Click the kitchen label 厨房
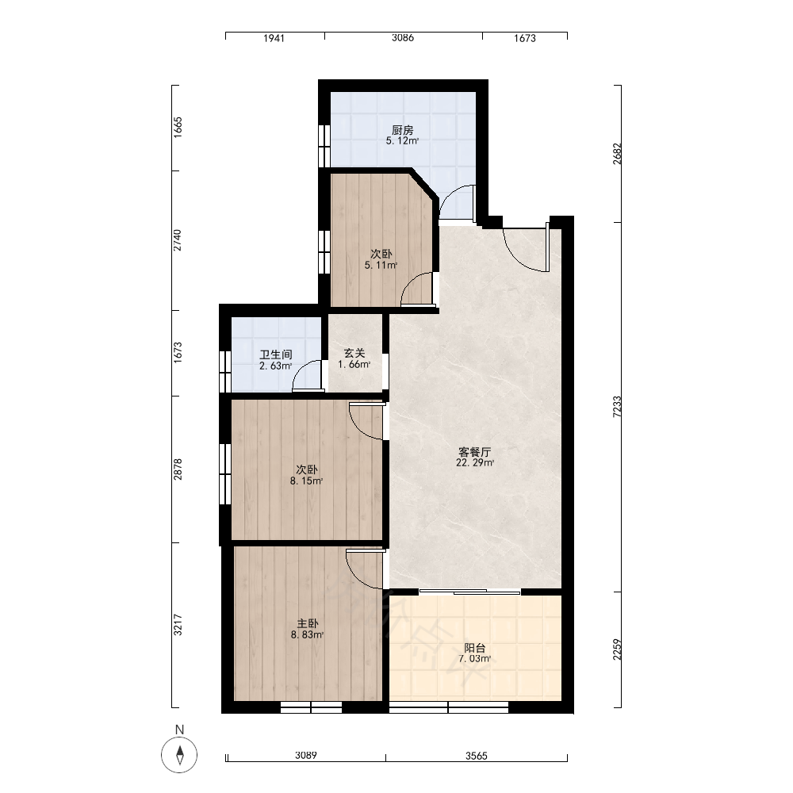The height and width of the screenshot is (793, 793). click(x=403, y=130)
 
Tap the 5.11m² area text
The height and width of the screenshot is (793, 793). click(x=381, y=265)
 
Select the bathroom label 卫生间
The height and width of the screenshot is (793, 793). click(x=276, y=354)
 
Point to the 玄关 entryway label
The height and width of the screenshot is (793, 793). click(x=354, y=353)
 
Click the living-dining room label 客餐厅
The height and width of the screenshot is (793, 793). click(x=474, y=451)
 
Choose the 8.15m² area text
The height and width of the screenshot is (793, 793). click(x=306, y=481)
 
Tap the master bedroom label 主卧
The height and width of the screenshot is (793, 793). click(x=308, y=623)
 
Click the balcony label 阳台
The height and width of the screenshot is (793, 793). click(x=475, y=647)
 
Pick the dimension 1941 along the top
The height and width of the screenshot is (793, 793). click(x=274, y=38)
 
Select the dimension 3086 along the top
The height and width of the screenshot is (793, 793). click(x=403, y=37)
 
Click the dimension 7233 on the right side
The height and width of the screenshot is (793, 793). click(x=616, y=406)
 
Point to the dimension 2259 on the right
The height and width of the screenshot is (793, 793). click(x=616, y=649)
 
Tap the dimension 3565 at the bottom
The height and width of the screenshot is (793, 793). click(x=476, y=756)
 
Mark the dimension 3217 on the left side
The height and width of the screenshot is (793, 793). click(x=178, y=625)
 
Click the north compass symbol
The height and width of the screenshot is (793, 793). click(x=179, y=755)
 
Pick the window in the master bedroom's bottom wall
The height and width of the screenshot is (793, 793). click(x=311, y=707)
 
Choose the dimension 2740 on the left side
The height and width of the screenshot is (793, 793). click(x=178, y=240)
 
